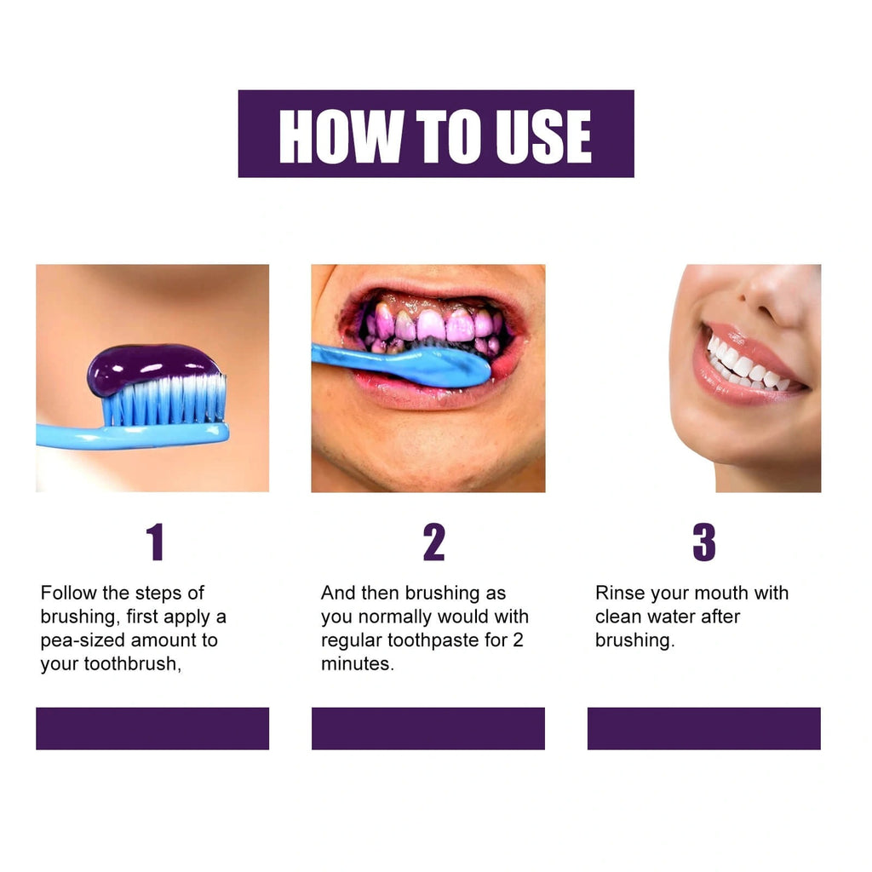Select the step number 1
[154, 542]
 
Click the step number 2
[433, 542]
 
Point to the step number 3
[704, 542]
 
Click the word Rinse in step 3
[619, 593]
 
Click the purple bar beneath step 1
[152, 728]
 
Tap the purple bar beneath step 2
[427, 728]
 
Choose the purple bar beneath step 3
[703, 728]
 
